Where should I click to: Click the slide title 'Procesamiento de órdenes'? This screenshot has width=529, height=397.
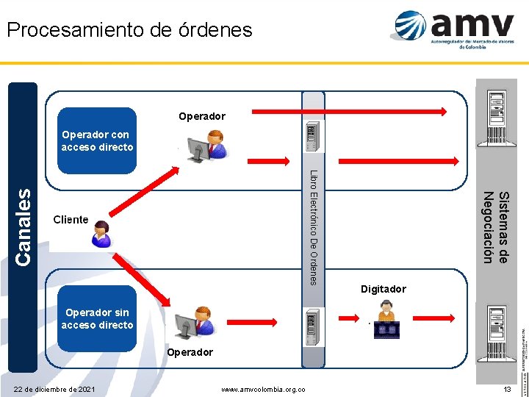[129, 30]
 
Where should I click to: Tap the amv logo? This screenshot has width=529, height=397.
[453, 29]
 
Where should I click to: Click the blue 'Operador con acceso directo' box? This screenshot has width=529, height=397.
[97, 140]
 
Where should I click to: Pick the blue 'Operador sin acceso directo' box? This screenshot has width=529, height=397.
[97, 319]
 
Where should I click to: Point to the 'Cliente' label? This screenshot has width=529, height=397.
[71, 220]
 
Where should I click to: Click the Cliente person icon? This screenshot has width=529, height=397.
[99, 234]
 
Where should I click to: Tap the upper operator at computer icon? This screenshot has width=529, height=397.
[208, 146]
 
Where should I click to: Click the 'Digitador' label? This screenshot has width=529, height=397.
[383, 289]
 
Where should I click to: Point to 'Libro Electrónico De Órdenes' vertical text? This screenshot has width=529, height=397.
[314, 228]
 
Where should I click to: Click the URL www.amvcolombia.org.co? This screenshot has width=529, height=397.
[264, 389]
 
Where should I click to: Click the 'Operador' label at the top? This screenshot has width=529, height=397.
[202, 116]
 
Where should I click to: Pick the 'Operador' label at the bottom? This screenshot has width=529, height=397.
[190, 352]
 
